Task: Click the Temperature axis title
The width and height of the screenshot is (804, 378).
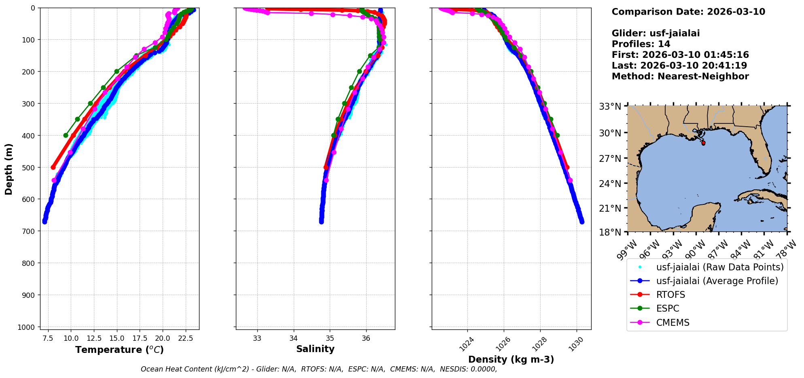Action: [x=119, y=350]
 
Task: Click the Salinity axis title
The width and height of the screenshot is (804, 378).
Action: [x=315, y=349]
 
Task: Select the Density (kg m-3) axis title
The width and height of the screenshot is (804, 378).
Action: [x=511, y=359]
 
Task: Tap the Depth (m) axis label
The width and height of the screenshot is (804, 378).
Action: [x=8, y=169]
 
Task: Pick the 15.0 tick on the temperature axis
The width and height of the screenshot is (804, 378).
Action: [x=117, y=338]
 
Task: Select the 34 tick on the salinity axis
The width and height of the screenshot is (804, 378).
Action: [x=294, y=338]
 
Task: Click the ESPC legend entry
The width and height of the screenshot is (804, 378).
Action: [x=668, y=308]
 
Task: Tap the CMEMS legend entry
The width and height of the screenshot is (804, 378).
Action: [x=672, y=323]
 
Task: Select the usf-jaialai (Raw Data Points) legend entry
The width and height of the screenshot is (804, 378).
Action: [x=719, y=267]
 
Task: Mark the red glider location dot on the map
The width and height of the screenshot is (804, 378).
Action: [x=703, y=143]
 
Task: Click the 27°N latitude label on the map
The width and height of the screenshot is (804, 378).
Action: [x=610, y=158]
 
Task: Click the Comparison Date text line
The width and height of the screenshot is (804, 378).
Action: [x=688, y=12]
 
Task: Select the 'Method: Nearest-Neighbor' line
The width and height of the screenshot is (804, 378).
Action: [x=680, y=76]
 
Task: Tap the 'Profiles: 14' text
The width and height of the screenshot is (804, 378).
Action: [x=641, y=44]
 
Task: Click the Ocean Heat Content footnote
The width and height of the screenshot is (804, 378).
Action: [x=319, y=369]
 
